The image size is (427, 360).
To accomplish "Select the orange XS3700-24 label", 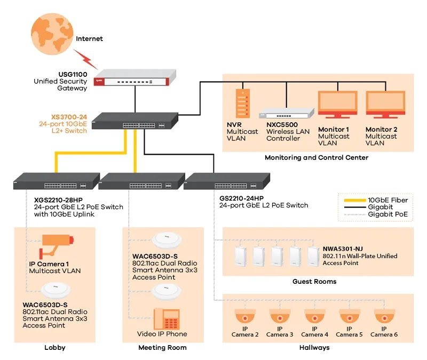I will pos(69,116).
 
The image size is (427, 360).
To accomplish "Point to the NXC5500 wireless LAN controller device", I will pos(286,113).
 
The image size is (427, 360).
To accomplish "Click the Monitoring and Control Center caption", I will pos(317,157).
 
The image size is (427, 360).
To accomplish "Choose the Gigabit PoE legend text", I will pos(388,214).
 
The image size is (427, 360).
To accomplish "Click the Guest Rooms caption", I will pos(314,281).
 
